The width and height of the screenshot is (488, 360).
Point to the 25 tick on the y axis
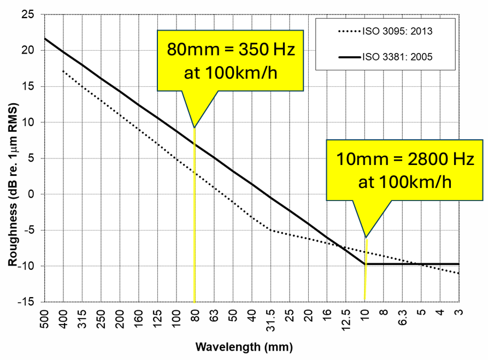(x=28, y=14)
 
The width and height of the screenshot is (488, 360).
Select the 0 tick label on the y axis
(x=32, y=194)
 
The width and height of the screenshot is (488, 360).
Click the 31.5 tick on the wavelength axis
(x=271, y=320)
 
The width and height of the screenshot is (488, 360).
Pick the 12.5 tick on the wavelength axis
(x=346, y=320)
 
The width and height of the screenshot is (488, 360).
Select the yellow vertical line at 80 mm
(x=195, y=246)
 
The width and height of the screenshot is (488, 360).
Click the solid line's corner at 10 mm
(x=365, y=264)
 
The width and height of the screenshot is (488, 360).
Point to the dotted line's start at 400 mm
(x=64, y=70)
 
